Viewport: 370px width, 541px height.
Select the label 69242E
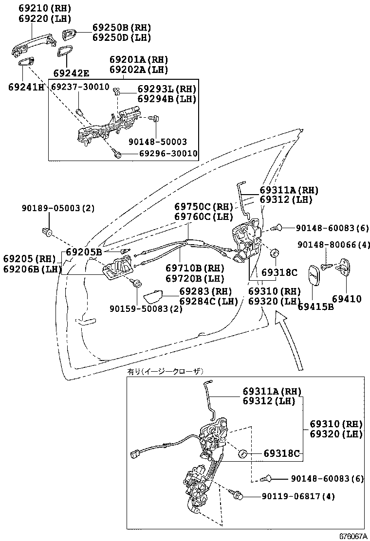(71, 73)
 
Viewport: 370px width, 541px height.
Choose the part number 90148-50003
(158, 142)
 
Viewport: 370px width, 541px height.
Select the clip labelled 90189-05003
(47, 231)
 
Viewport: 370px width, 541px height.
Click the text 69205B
(84, 252)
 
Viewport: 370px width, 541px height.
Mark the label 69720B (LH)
(195, 278)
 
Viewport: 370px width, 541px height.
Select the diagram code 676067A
(352, 536)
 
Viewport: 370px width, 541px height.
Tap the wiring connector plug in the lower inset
(136, 454)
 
